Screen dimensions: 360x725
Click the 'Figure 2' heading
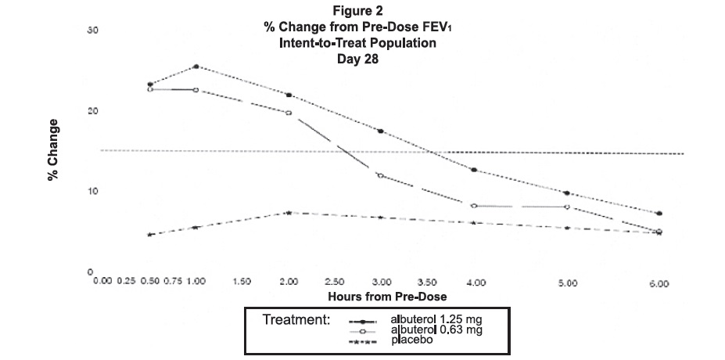(x=361, y=11)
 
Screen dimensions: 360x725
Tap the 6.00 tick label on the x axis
(x=659, y=283)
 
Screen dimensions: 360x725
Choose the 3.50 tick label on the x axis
(x=428, y=282)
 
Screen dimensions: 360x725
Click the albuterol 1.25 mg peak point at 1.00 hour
(x=196, y=67)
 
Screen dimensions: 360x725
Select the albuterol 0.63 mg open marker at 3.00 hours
(x=381, y=175)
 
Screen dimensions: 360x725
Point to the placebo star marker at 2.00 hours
(x=289, y=212)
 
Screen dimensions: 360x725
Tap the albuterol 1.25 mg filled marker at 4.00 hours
(x=474, y=170)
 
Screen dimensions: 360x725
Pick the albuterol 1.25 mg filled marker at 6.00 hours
(x=659, y=214)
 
